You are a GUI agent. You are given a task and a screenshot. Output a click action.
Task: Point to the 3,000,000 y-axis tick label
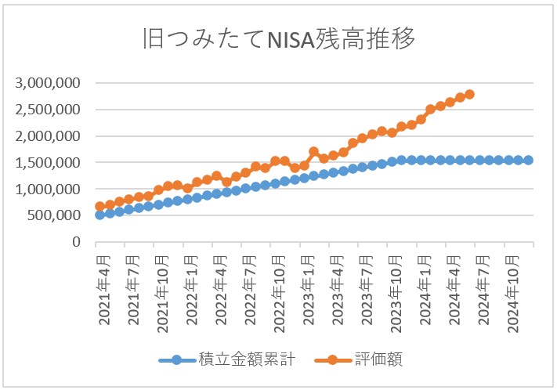(49, 83)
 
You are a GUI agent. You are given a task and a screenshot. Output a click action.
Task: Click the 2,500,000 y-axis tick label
(49, 110)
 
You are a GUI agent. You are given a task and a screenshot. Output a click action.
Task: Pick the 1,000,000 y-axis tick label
(49, 190)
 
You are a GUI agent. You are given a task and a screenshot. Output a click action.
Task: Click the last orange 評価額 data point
(469, 95)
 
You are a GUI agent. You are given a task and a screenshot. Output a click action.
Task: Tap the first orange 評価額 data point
(100, 207)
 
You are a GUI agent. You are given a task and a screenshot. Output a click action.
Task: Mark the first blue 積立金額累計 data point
(100, 215)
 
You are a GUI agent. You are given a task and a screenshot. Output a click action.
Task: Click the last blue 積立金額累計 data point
(528, 160)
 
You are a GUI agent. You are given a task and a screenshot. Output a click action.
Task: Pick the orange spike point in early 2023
(313, 152)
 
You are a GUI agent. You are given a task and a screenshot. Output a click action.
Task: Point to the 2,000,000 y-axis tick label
(49, 136)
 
